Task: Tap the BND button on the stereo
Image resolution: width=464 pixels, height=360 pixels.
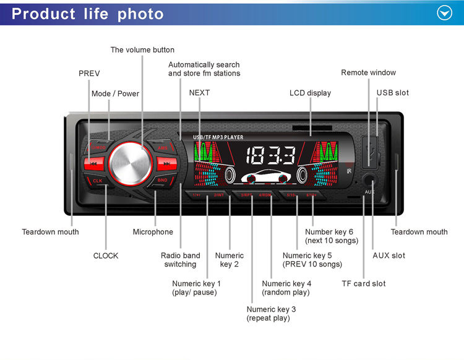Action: coord(162,180)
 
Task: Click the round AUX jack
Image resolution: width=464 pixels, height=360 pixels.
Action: coord(369,182)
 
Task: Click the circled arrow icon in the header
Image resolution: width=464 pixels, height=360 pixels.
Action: coord(445,13)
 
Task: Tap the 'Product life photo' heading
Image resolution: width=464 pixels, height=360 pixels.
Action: coord(88,14)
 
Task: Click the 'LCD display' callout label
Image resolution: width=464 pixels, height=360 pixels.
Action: coord(310,93)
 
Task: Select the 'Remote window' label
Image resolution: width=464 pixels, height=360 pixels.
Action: coord(368,72)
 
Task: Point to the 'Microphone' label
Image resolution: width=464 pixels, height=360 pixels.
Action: coord(153,232)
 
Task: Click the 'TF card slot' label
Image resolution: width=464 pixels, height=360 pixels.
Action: coord(363,283)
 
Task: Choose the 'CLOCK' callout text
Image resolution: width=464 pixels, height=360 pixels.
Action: coord(106,255)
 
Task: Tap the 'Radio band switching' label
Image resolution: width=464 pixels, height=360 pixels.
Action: coord(181,260)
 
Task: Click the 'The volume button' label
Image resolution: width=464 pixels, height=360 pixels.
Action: coord(142,49)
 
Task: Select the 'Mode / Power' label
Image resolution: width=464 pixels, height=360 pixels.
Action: coord(115,93)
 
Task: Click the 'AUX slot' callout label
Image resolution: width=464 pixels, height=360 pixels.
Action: coord(389,255)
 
